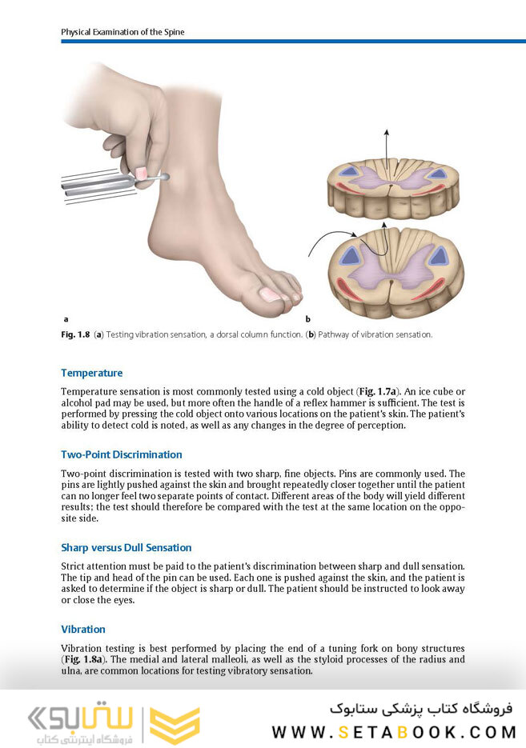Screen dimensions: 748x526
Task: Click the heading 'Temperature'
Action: click(x=91, y=373)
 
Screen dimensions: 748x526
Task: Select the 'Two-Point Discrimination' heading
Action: click(x=121, y=454)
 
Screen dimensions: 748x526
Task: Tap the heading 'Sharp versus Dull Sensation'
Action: click(x=126, y=548)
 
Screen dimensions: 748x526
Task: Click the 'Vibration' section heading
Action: click(x=83, y=630)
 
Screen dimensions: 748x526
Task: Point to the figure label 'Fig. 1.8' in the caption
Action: click(x=75, y=334)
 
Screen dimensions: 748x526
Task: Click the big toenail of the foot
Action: click(x=269, y=294)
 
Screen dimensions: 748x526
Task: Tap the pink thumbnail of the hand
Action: click(x=142, y=173)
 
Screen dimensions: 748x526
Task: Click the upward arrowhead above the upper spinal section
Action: click(x=387, y=133)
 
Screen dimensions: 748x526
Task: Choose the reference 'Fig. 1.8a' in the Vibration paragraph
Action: click(x=84, y=659)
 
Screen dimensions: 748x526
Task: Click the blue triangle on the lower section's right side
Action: click(x=437, y=256)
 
